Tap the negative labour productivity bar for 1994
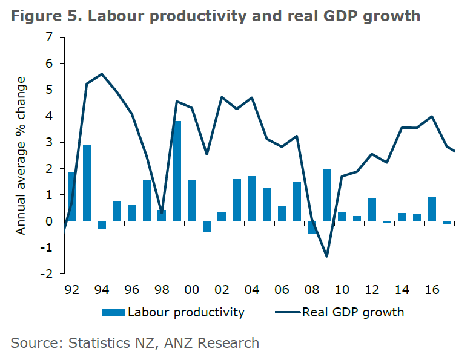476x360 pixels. click(x=102, y=225)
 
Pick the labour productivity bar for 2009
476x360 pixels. click(x=326, y=195)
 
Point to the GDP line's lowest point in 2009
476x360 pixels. click(x=326, y=257)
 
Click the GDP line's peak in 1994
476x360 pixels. click(x=101, y=74)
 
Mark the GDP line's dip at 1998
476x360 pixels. click(x=162, y=213)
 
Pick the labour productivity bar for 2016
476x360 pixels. click(x=432, y=209)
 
